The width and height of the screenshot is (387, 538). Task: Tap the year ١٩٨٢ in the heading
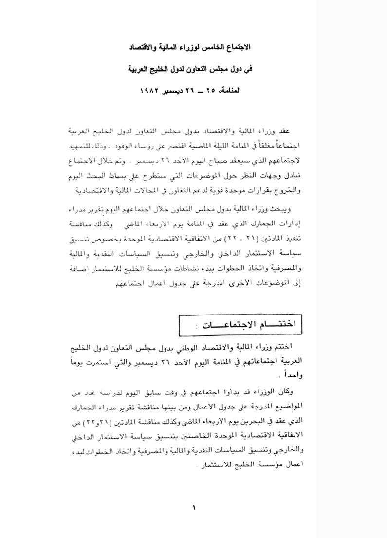[x=150, y=91]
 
